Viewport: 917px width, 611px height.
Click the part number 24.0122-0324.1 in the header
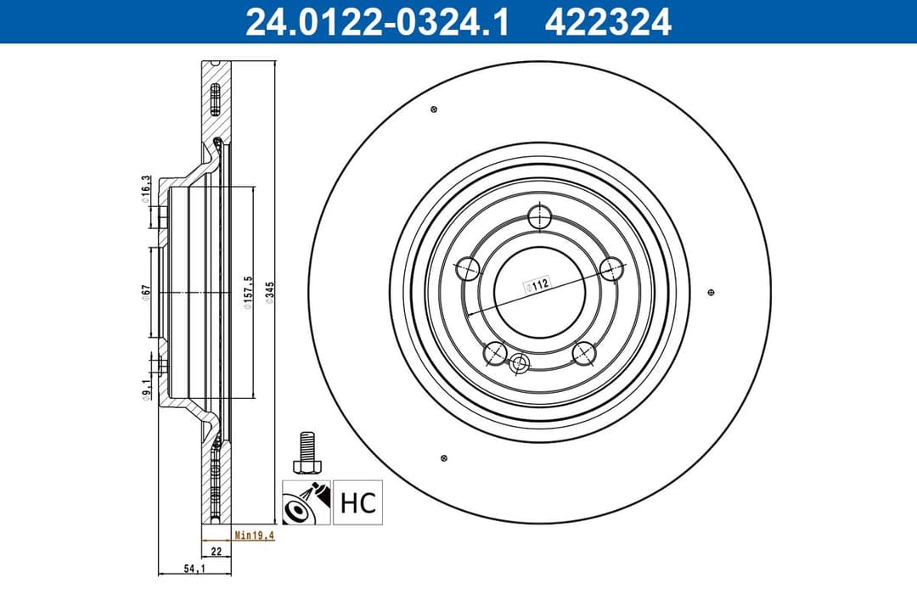(376, 21)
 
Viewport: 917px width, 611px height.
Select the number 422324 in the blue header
(608, 21)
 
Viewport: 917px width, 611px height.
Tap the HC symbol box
(357, 502)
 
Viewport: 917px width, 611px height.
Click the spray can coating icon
(306, 502)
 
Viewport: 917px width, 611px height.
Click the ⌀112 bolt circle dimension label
(536, 286)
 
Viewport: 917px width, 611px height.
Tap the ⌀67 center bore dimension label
(147, 290)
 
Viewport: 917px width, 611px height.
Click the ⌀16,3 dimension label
(146, 188)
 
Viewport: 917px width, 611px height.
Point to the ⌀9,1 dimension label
(146, 388)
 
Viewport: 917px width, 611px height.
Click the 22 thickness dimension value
(216, 552)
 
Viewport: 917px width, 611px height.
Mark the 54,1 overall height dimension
(194, 570)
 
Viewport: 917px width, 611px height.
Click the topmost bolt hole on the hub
(539, 216)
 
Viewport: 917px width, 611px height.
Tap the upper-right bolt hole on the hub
(611, 269)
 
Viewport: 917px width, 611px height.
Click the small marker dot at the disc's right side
(711, 292)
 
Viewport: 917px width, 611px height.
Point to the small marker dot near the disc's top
(434, 109)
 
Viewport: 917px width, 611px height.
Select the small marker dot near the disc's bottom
(444, 458)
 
